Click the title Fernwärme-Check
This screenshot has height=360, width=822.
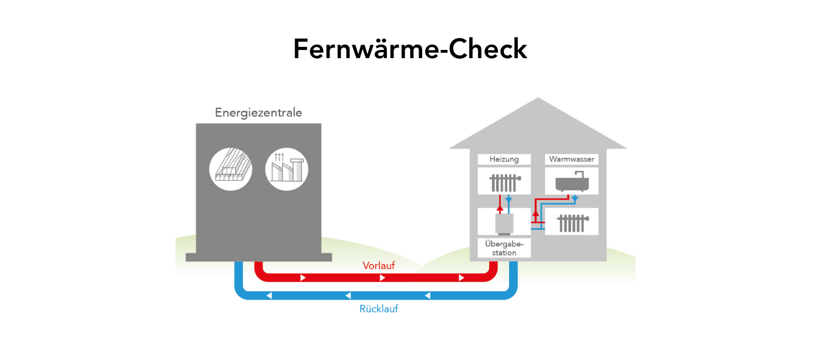[410, 49]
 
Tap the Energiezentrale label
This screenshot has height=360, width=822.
[258, 112]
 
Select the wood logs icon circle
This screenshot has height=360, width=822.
[231, 169]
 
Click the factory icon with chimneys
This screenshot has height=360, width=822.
[287, 169]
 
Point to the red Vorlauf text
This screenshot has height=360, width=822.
[379, 265]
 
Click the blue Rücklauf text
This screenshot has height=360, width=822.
[379, 308]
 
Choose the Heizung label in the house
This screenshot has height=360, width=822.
[504, 159]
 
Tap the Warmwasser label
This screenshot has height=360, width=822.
[571, 159]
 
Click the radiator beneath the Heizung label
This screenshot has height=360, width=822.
[504, 182]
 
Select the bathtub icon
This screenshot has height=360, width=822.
[571, 182]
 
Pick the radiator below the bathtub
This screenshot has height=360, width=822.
[571, 223]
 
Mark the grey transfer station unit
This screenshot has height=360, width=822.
[504, 224]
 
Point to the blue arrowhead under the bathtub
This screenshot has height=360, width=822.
[575, 200]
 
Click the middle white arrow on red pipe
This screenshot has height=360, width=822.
[382, 277]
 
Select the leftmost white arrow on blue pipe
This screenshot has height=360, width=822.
[269, 295]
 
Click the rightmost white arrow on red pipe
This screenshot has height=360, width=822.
[461, 277]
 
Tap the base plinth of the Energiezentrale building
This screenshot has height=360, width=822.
[258, 257]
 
